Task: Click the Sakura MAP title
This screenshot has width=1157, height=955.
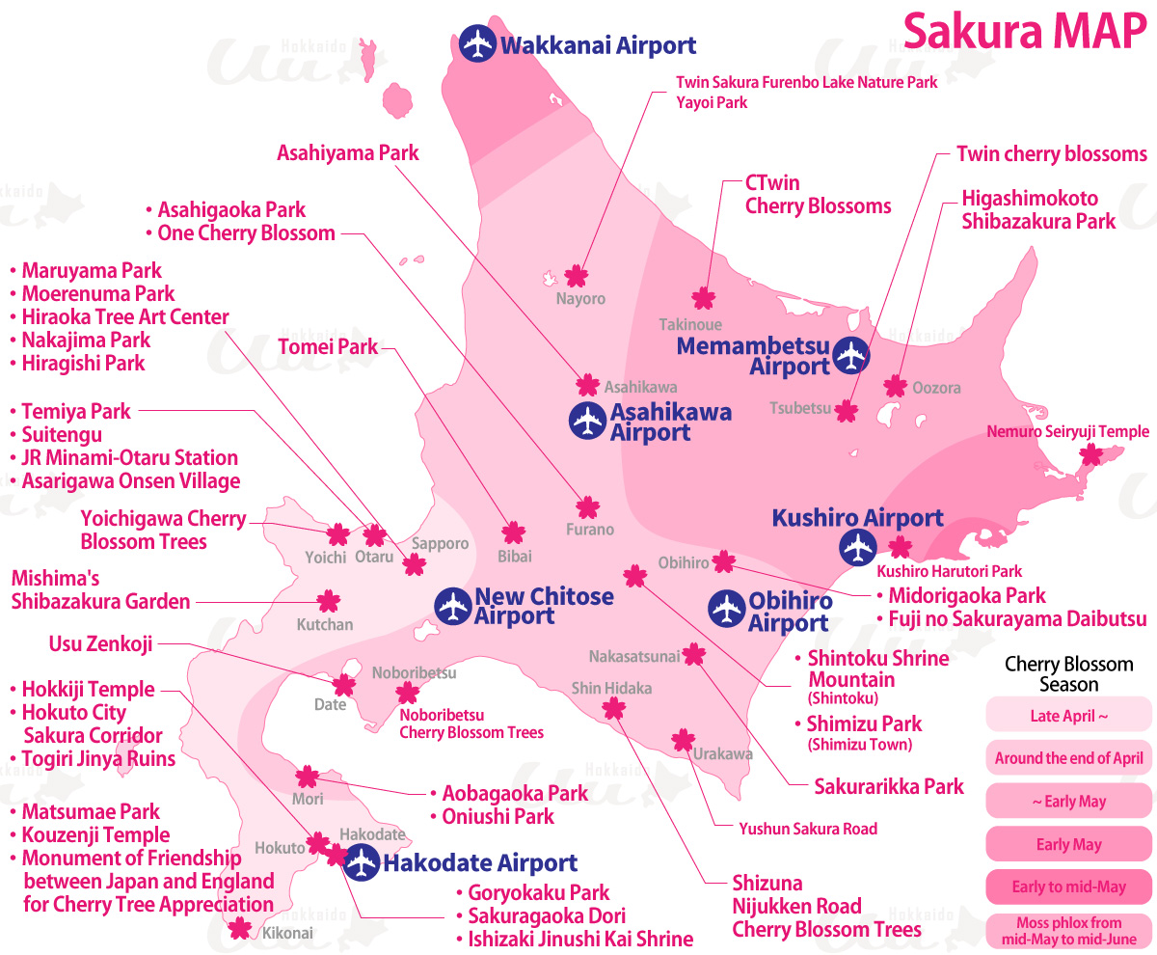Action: point(1023,32)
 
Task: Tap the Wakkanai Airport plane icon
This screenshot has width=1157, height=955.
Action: point(477,44)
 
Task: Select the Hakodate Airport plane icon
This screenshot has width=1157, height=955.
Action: point(362,862)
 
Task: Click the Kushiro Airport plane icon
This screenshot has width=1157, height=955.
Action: point(856,548)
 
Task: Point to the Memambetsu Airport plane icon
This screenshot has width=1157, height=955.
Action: point(851,356)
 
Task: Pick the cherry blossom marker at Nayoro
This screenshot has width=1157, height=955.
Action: point(576,276)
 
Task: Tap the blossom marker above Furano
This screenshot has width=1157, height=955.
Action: point(588,506)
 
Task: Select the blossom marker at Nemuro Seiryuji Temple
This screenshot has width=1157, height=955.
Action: point(1090,454)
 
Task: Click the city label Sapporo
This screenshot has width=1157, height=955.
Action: point(440,543)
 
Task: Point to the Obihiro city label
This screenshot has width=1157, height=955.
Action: point(684,562)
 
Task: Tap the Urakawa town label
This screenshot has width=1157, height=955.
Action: point(722,753)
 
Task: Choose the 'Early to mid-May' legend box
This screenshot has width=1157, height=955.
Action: point(1068,887)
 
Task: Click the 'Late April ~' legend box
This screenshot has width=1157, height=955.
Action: point(1068,716)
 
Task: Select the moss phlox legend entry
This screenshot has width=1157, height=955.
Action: point(1068,931)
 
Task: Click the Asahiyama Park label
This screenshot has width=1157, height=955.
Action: point(348,152)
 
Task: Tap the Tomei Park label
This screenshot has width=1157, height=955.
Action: point(328,346)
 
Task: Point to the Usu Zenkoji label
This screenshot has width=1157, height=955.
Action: point(100,643)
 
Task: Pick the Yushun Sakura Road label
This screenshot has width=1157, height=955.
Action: point(808,828)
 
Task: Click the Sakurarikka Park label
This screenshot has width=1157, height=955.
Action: point(889,786)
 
